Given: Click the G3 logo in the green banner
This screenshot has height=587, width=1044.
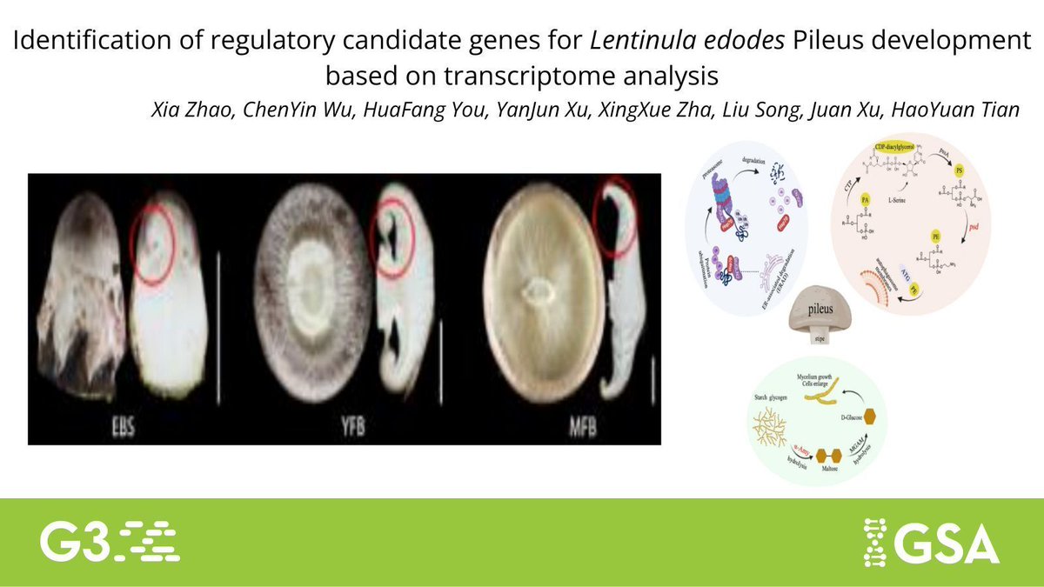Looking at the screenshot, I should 110,541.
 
